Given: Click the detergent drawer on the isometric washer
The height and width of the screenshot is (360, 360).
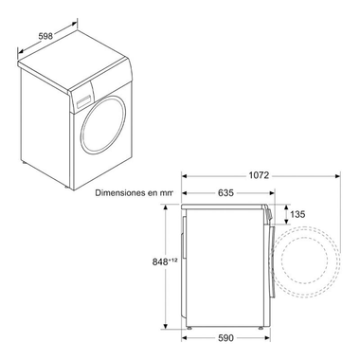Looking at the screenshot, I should tap(82, 94).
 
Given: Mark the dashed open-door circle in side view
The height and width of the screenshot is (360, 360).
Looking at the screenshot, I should tap(311, 265).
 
